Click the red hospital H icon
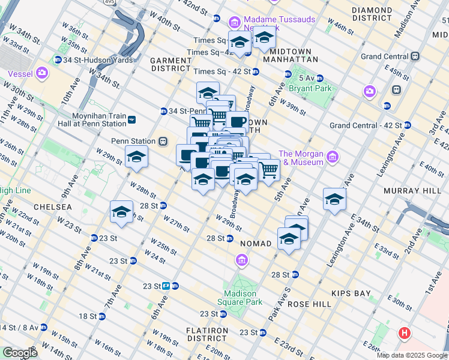pos(405,333)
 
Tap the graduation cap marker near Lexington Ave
pos(334,200)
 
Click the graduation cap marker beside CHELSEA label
pos(122,212)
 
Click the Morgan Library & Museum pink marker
pos(333,158)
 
